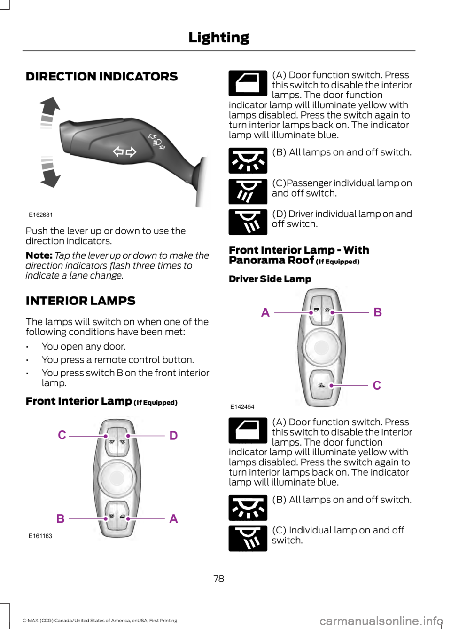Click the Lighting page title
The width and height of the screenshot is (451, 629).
[x=219, y=38]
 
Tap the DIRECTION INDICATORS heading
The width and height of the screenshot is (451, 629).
[x=101, y=76]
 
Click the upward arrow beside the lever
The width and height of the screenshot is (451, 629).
[x=49, y=113]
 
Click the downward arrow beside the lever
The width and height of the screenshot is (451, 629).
[x=50, y=172]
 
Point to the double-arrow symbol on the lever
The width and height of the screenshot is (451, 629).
[x=124, y=152]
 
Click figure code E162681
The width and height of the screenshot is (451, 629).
[x=41, y=215]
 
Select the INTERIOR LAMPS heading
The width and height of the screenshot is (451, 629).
[x=80, y=301]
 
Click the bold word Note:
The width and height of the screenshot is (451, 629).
[x=39, y=255]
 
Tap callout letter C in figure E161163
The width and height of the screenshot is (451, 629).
[x=62, y=435]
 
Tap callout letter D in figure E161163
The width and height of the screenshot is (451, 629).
[x=174, y=436]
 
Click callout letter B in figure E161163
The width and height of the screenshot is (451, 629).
[x=61, y=518]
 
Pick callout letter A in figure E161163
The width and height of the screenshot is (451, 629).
[x=174, y=518]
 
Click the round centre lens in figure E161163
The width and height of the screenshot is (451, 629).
[x=117, y=478]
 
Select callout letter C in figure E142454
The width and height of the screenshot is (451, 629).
[x=377, y=385]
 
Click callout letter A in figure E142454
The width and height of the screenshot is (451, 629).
[x=265, y=312]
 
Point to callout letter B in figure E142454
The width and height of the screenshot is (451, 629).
[x=378, y=312]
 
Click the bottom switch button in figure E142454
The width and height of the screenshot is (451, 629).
[x=322, y=384]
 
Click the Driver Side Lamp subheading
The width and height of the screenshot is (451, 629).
[x=270, y=279]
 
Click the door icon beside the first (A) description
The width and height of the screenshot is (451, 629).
[x=248, y=83]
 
